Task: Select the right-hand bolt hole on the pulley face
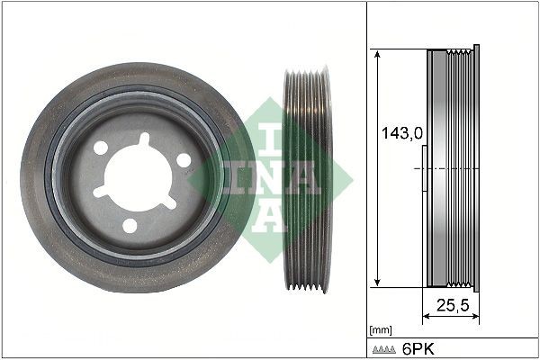[x=184, y=159]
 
